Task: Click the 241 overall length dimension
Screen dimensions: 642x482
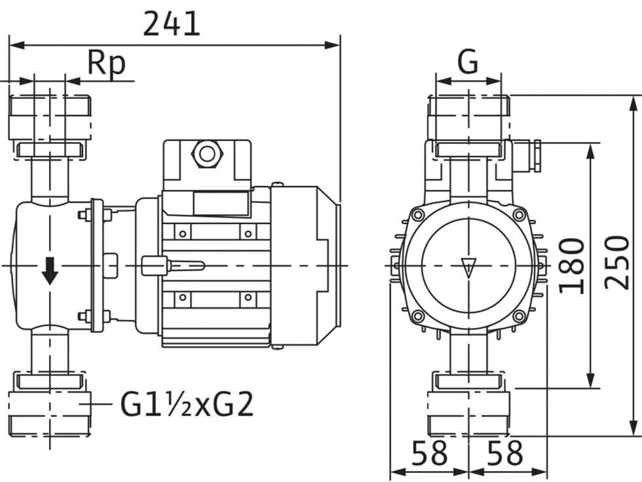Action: (x=172, y=24)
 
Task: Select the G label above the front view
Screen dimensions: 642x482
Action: (x=468, y=62)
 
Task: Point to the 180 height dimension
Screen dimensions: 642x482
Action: (x=572, y=266)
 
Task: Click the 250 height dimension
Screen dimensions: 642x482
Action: (x=616, y=262)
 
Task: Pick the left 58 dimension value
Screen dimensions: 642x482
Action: (x=430, y=453)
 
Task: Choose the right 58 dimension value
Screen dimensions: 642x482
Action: (x=505, y=453)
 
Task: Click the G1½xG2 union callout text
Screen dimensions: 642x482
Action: (x=187, y=404)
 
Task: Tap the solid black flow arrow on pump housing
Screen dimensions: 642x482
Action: (x=50, y=271)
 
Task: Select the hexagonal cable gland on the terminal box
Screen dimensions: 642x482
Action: (x=207, y=154)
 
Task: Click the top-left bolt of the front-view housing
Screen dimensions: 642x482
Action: (x=418, y=214)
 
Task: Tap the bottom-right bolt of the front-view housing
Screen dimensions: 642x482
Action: (x=518, y=316)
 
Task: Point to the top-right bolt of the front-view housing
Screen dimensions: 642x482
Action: (x=518, y=214)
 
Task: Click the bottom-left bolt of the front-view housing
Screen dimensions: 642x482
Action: (x=418, y=316)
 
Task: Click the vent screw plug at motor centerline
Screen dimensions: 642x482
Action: (x=155, y=265)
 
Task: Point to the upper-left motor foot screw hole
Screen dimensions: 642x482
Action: (x=183, y=234)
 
